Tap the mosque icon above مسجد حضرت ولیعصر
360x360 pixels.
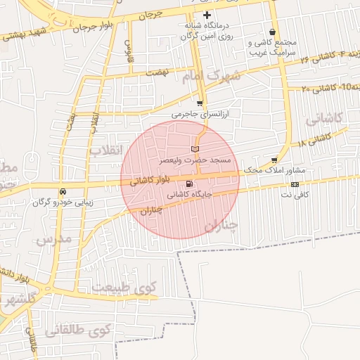[195, 149]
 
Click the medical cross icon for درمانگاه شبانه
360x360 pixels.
[206, 15]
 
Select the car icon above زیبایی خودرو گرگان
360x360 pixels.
[63, 191]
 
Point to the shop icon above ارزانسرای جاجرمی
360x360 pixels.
[200, 103]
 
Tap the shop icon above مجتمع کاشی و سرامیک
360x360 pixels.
[272, 32]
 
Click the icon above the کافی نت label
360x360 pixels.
[295, 184]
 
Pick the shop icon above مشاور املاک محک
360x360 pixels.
[274, 160]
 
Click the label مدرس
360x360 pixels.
[53, 240]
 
